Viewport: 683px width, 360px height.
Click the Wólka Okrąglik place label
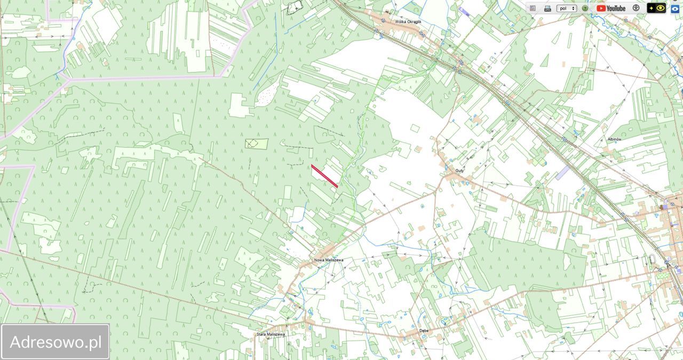point(408,22)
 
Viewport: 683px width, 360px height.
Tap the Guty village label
point(459,171)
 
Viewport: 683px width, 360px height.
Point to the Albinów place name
point(614,139)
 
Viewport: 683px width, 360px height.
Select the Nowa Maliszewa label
point(328,260)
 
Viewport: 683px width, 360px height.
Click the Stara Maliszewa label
point(271,334)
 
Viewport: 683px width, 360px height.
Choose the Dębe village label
point(424,330)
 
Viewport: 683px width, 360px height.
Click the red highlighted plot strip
point(324,176)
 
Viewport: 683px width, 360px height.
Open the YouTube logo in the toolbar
point(611,8)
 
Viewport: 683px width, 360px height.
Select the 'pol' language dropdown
point(566,8)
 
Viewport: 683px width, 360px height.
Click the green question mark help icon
point(585,8)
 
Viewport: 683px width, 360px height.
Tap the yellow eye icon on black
point(661,8)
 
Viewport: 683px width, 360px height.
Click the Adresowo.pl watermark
point(55,342)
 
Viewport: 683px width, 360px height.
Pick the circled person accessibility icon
point(636,8)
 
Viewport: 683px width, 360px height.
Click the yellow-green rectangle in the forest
point(257,143)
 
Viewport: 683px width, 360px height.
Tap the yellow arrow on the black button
point(652,8)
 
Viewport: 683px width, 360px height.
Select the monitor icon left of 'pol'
point(547,8)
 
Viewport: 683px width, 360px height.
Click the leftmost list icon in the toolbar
point(533,8)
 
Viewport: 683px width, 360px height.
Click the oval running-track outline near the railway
point(652,260)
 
